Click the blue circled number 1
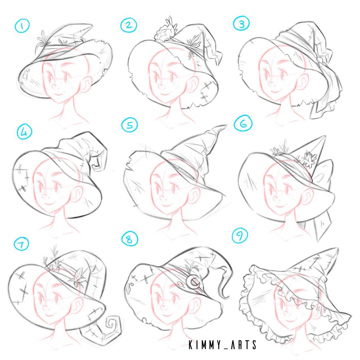coord(22,26)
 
